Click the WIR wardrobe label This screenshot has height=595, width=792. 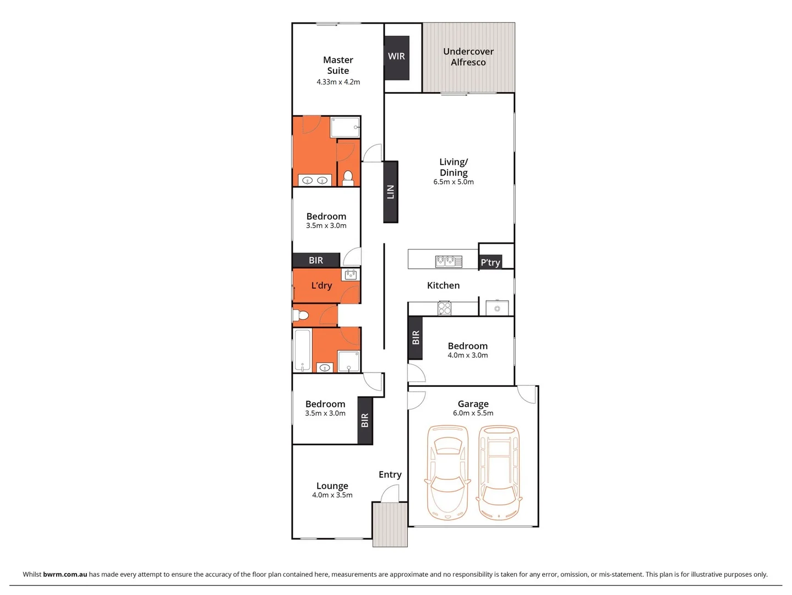click(x=396, y=56)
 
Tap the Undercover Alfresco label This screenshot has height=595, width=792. click(x=468, y=57)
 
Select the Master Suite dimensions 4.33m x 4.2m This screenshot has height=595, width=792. click(x=338, y=82)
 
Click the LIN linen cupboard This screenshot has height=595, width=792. click(x=390, y=192)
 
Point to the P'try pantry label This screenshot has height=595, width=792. click(x=490, y=262)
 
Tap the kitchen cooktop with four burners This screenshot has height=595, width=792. click(x=444, y=308)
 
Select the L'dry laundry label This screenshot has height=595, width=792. click(x=321, y=285)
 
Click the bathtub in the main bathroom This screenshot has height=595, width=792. click(x=302, y=350)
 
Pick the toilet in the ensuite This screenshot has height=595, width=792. click(x=348, y=177)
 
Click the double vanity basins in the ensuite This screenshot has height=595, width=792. click(x=315, y=180)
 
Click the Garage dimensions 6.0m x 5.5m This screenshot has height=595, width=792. click(x=473, y=413)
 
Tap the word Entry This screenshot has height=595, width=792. click(x=390, y=474)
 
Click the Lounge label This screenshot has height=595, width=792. click(x=332, y=486)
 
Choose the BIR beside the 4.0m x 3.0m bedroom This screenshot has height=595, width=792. click(x=416, y=338)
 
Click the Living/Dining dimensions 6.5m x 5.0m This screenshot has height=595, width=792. click(x=453, y=182)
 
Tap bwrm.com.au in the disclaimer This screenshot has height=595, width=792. click(x=65, y=574)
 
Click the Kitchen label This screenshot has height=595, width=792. click(x=443, y=285)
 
